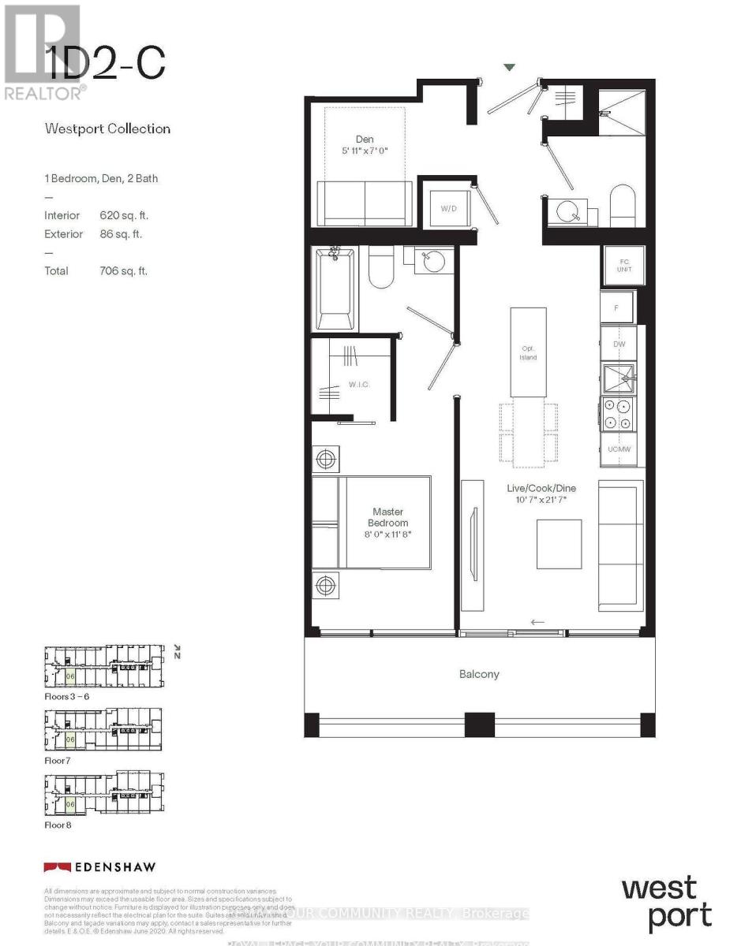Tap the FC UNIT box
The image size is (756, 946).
pos(623,265)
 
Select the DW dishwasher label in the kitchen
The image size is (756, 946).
pos(619,345)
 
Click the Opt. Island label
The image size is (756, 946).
pos(528,352)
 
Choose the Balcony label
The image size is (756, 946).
pos(479,674)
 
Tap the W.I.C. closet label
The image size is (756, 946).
pos(360,384)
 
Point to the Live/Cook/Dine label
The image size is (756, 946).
pos(537,489)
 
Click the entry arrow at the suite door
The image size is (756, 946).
pos(510,68)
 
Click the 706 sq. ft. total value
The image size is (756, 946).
pos(119,271)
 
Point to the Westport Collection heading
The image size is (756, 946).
pos(107,128)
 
